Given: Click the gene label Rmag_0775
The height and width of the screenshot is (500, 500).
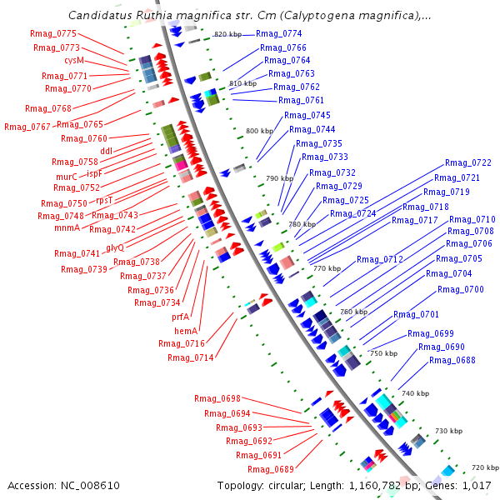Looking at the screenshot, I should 56,33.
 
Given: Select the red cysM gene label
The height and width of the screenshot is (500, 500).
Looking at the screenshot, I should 74,61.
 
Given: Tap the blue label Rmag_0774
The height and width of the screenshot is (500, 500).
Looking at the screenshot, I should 279,33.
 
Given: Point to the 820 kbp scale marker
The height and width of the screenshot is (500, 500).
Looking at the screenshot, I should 228,34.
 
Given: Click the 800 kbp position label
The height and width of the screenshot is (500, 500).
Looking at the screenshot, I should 259,132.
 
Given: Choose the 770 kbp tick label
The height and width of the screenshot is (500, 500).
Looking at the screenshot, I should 327,268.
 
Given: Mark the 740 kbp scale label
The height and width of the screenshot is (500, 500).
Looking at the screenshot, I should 415,393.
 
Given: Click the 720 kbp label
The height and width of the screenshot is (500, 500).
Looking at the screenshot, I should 485,467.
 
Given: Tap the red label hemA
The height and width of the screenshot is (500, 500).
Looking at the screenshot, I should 186,331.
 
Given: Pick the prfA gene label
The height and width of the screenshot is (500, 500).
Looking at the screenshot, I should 181,317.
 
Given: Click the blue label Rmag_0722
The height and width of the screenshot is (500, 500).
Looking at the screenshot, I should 468,163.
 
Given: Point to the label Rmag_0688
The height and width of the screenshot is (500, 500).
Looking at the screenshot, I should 452,360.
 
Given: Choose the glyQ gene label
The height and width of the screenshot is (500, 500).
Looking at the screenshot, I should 115,247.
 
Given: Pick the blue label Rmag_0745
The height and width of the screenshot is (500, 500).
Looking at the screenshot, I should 307,115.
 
